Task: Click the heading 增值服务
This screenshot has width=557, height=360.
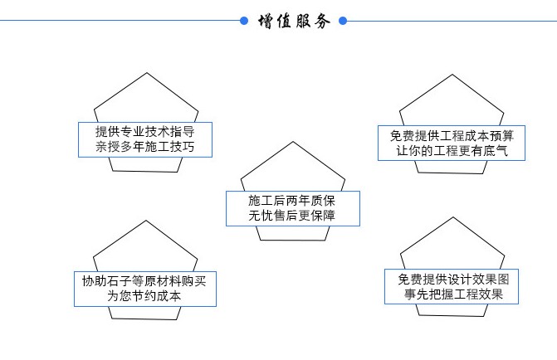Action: [293, 21]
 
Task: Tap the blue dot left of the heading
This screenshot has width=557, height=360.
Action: [243, 21]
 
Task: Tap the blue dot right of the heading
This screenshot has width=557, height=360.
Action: [343, 21]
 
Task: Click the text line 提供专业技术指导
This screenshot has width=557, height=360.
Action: [145, 132]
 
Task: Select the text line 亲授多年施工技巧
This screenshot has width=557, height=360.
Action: [145, 148]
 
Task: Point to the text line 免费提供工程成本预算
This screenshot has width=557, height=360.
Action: [452, 135]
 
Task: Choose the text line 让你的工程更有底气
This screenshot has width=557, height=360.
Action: [452, 151]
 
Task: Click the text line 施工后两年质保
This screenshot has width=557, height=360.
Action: [291, 201]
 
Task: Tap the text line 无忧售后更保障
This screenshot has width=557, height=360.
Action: [291, 216]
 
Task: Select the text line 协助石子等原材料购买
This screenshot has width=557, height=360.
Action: [145, 280]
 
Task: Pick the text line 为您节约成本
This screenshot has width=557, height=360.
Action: [145, 296]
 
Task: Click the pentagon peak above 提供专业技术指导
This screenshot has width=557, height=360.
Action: [147, 73]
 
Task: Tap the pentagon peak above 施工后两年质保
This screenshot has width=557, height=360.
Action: [292, 142]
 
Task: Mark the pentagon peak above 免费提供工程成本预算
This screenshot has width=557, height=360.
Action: [452, 75]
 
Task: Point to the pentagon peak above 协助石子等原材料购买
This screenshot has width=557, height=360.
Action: [146, 221]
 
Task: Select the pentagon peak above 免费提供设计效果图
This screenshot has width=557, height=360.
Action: [452, 217]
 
